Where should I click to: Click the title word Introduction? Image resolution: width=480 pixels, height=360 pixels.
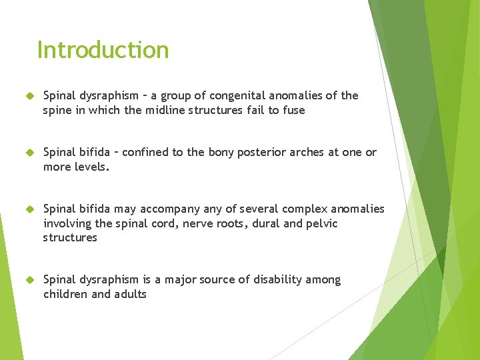pos(103,50)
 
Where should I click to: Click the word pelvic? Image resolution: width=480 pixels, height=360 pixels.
pos(321,223)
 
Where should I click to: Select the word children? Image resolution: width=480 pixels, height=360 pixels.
pos(65,294)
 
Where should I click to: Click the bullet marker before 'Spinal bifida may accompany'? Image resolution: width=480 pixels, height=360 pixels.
pos(28,209)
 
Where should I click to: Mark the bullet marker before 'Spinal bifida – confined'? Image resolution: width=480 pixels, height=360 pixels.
pos(28,153)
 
